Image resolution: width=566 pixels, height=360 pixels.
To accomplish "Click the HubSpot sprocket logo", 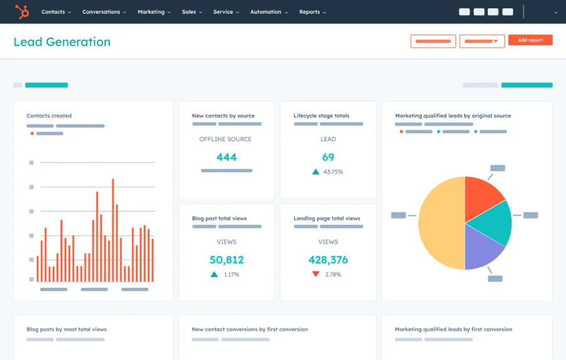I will [x=22, y=11].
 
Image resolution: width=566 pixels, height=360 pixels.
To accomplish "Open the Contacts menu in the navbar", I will [x=56, y=12].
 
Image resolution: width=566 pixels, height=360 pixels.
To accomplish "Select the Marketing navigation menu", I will [x=154, y=12].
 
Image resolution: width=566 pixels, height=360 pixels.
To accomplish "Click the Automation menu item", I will [x=269, y=12].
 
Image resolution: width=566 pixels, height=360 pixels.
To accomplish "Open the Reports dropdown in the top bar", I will [x=312, y=12].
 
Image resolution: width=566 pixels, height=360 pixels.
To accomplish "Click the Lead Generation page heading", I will [x=62, y=42].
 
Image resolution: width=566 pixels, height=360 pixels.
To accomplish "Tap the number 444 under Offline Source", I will [x=226, y=157].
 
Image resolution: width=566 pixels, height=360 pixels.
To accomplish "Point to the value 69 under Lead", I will [x=328, y=157].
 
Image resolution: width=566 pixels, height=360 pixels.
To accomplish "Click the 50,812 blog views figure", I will [x=226, y=259].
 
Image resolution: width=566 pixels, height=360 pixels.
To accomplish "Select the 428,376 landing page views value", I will [x=328, y=259].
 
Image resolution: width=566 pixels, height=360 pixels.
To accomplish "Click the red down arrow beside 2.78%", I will [x=315, y=274].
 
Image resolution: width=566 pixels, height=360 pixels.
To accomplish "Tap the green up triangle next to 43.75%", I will [x=315, y=172].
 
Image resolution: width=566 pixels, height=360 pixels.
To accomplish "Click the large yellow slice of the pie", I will [x=440, y=223].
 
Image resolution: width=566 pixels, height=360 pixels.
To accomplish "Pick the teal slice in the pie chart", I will [x=493, y=221].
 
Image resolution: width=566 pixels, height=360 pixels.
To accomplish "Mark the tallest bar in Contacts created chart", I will [x=113, y=230].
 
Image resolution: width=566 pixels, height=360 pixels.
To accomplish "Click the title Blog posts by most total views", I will [x=67, y=329].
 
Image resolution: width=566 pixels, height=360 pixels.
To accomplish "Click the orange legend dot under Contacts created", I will [x=32, y=133].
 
